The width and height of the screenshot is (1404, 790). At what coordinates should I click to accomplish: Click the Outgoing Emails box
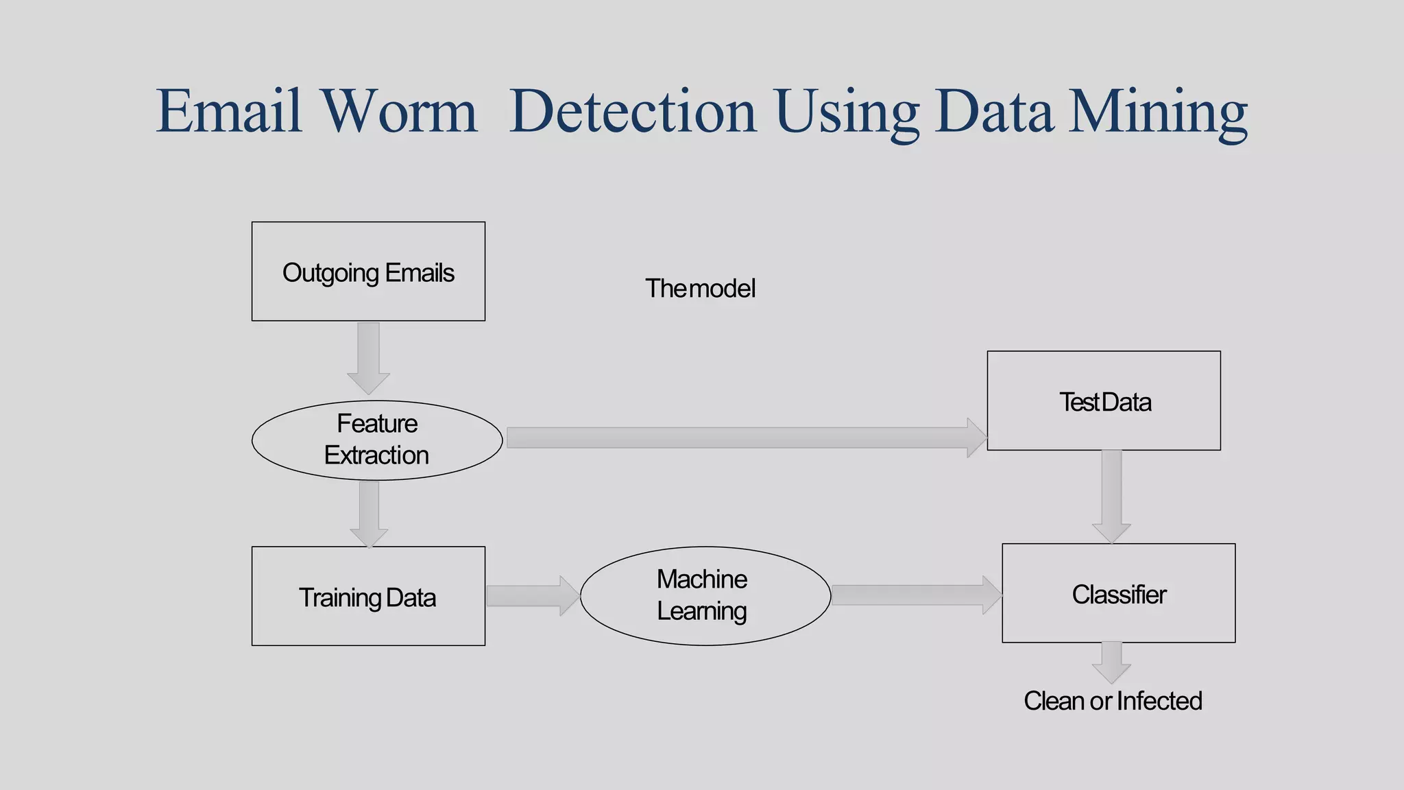pyautogui.click(x=368, y=272)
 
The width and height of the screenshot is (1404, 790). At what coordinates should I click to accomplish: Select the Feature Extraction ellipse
pyautogui.click(x=377, y=440)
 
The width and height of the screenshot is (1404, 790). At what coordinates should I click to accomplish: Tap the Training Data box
pyautogui.click(x=368, y=596)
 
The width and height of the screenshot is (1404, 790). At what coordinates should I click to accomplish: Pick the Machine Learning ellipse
pyautogui.click(x=705, y=595)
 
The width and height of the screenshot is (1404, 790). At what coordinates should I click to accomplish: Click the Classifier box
pyautogui.click(x=1118, y=593)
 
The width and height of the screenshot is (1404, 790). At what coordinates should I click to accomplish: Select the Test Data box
pyautogui.click(x=1103, y=400)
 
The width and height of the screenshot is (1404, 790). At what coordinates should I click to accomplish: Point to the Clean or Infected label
pyautogui.click(x=1112, y=701)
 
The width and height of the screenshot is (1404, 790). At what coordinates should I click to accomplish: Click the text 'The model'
pyautogui.click(x=699, y=289)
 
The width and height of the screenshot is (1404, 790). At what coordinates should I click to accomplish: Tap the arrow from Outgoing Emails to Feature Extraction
pyautogui.click(x=368, y=357)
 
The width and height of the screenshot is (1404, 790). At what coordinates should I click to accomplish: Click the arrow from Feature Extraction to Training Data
pyautogui.click(x=369, y=513)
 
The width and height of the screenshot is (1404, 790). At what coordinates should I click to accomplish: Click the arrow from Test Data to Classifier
pyautogui.click(x=1111, y=495)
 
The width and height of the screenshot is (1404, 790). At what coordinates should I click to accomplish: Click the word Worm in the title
pyautogui.click(x=399, y=111)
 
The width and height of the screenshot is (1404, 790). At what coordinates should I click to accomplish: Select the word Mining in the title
pyautogui.click(x=1158, y=111)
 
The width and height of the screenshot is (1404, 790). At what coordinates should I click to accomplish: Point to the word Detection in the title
pyautogui.click(x=632, y=111)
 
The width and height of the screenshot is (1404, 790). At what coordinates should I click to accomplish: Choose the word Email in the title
pyautogui.click(x=229, y=111)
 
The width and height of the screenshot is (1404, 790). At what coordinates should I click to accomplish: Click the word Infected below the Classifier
pyautogui.click(x=1159, y=701)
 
